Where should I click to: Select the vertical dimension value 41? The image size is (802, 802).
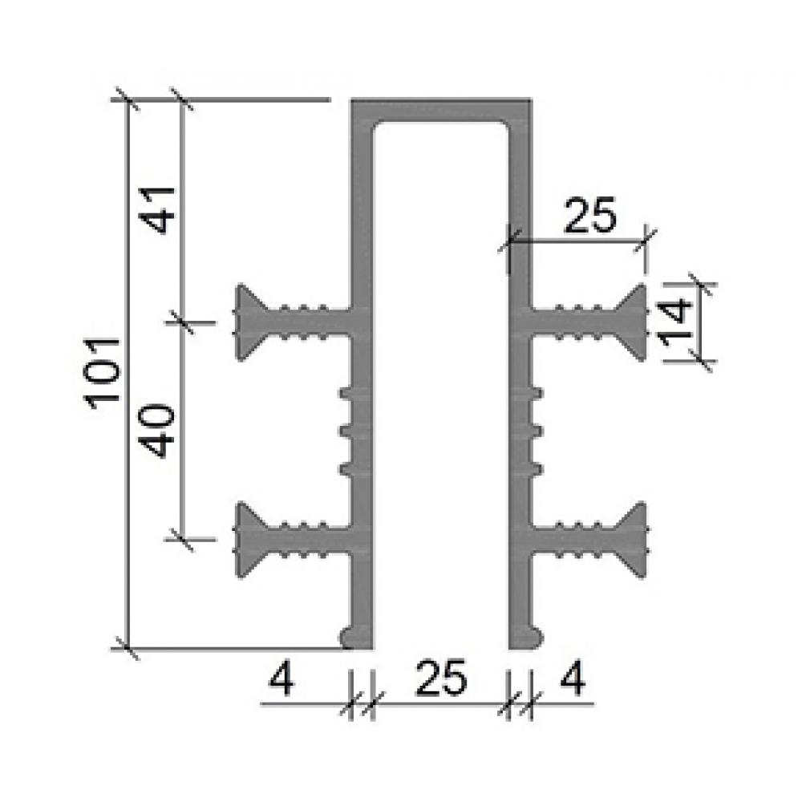point(159,211)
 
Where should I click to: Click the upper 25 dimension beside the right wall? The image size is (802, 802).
point(589,215)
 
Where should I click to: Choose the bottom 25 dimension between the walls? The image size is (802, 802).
point(441,678)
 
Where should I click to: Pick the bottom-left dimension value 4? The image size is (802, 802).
point(282,678)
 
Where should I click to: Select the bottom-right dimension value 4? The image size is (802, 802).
point(573,678)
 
